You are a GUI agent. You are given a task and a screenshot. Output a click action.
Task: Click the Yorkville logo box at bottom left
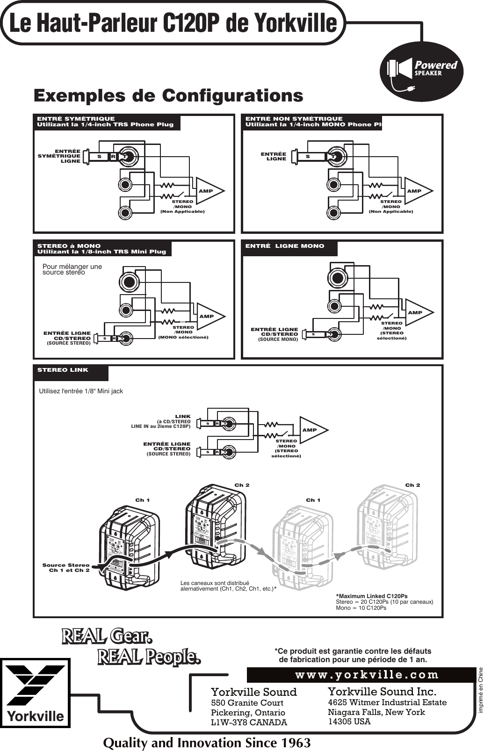point(35,693)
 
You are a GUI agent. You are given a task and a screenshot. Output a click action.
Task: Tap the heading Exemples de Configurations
point(168,96)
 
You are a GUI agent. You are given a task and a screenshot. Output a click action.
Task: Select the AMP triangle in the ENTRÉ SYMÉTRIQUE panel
point(208,191)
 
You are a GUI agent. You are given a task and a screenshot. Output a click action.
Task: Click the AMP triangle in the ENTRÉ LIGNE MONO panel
point(417,312)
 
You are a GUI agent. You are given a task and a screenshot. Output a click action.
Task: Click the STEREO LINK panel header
point(70,373)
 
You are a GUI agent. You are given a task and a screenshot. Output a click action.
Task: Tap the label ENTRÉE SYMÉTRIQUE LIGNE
point(60,156)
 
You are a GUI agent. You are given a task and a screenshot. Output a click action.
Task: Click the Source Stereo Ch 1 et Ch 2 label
point(66,568)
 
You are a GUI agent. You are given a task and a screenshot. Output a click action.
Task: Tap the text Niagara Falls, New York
point(376,712)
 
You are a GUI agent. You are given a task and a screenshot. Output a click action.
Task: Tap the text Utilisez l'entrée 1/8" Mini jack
point(80,391)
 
